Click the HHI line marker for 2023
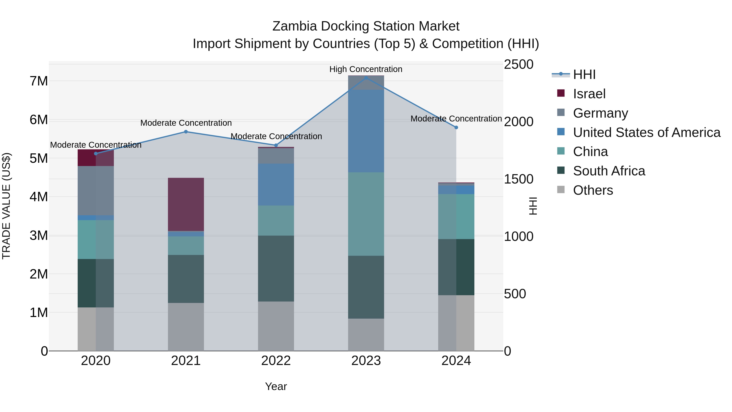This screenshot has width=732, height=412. (x=366, y=78)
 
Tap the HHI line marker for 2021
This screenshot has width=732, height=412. (x=186, y=132)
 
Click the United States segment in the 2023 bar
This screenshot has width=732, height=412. (x=366, y=131)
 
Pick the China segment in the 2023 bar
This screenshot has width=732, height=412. (x=366, y=214)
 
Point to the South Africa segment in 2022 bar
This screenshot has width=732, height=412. (x=276, y=268)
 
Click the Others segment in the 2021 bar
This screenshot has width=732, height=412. (x=186, y=327)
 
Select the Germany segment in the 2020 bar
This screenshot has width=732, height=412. (x=96, y=190)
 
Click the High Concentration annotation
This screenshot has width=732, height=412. (x=366, y=69)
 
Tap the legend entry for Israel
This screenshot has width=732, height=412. (x=589, y=94)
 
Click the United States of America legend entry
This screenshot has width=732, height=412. (x=646, y=132)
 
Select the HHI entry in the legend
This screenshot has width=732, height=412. (x=584, y=74)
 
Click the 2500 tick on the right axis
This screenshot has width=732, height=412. (x=518, y=64)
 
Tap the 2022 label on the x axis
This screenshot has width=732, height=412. (x=276, y=361)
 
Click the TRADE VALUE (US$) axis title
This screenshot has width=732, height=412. (x=7, y=206)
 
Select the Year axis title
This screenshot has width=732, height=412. (x=276, y=386)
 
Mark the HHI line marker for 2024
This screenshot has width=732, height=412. (x=456, y=127)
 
